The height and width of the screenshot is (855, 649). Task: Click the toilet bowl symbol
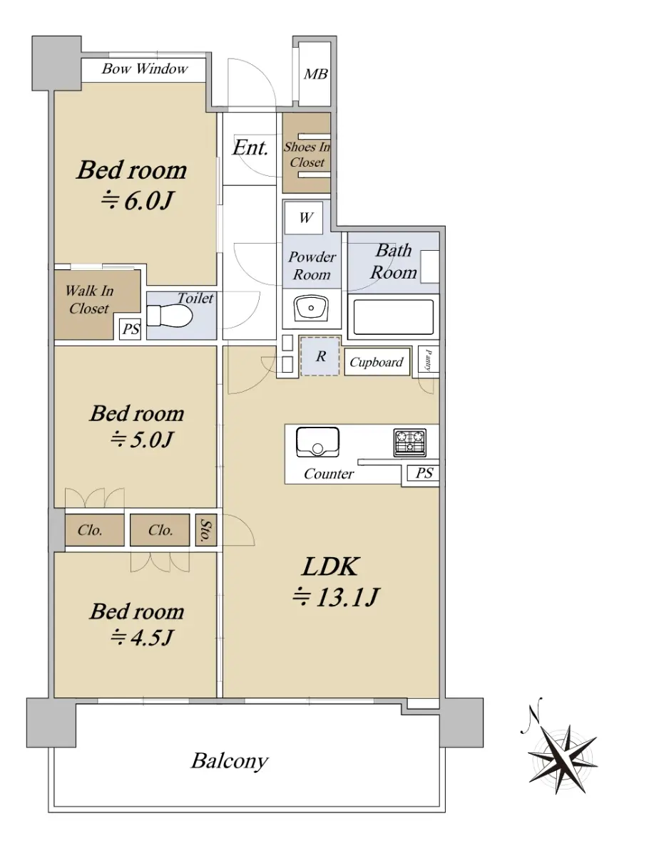[x=170, y=315]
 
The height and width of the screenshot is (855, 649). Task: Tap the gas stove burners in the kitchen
[x=409, y=442]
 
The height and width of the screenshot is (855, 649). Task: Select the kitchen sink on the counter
[x=317, y=442]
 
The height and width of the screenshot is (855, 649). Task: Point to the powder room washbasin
[x=311, y=308]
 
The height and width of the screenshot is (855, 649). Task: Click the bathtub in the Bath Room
[x=393, y=316]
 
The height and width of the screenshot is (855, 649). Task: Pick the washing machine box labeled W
[x=304, y=217]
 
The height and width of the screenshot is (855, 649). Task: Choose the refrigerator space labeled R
[x=320, y=356]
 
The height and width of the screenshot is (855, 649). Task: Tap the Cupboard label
[x=376, y=362]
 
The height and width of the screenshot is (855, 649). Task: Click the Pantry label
[x=429, y=361]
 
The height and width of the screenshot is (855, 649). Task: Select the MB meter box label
[x=316, y=74]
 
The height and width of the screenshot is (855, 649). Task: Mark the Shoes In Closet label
[x=307, y=155]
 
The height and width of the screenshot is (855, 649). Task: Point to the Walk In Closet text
[x=89, y=299]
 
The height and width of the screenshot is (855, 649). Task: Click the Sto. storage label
[x=204, y=530]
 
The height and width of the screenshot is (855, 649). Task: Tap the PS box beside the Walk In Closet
[x=131, y=329]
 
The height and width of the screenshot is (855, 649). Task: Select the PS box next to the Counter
[x=424, y=473]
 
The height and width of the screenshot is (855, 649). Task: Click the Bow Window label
[x=145, y=69]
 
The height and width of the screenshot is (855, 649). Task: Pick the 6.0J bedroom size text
[x=136, y=201]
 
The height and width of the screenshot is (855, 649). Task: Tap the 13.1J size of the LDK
[x=335, y=597]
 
